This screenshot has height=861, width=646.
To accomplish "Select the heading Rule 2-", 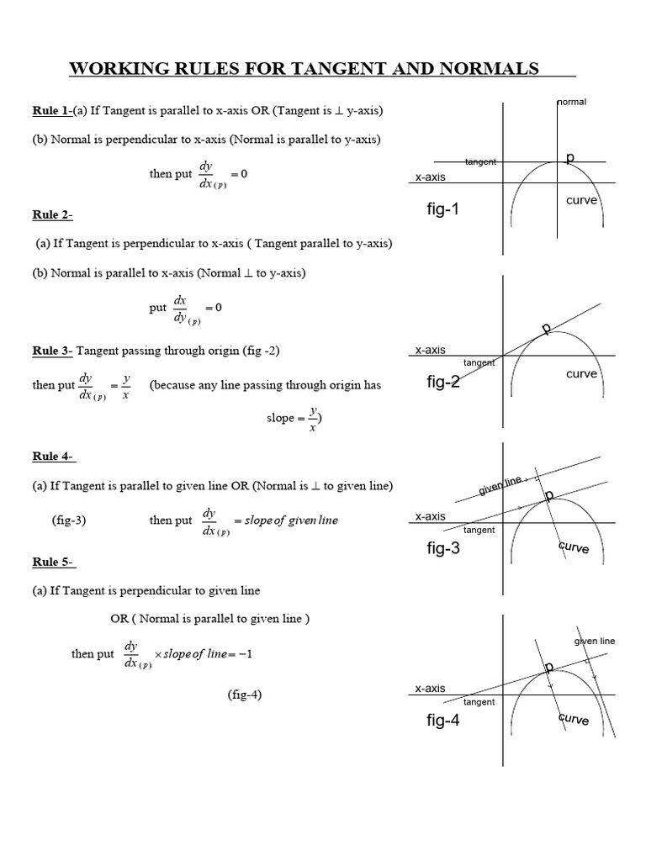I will [53, 214].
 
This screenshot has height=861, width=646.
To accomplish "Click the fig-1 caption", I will [443, 209].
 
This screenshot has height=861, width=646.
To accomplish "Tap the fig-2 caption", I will [443, 383].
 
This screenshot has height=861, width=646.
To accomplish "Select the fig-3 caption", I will [443, 549].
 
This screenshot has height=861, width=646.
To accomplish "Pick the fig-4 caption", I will [443, 721].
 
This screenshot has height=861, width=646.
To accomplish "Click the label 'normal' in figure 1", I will [572, 102].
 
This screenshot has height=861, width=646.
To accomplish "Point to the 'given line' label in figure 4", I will [595, 641].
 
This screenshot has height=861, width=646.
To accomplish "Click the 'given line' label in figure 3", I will [500, 485].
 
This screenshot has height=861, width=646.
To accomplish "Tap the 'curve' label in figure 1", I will [581, 201].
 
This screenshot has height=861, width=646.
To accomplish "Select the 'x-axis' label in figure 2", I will [430, 350].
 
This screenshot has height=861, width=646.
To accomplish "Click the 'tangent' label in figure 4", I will [479, 701].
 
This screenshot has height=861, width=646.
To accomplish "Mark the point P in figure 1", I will [569, 158].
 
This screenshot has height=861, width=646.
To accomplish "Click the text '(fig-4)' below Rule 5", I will [244, 695].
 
